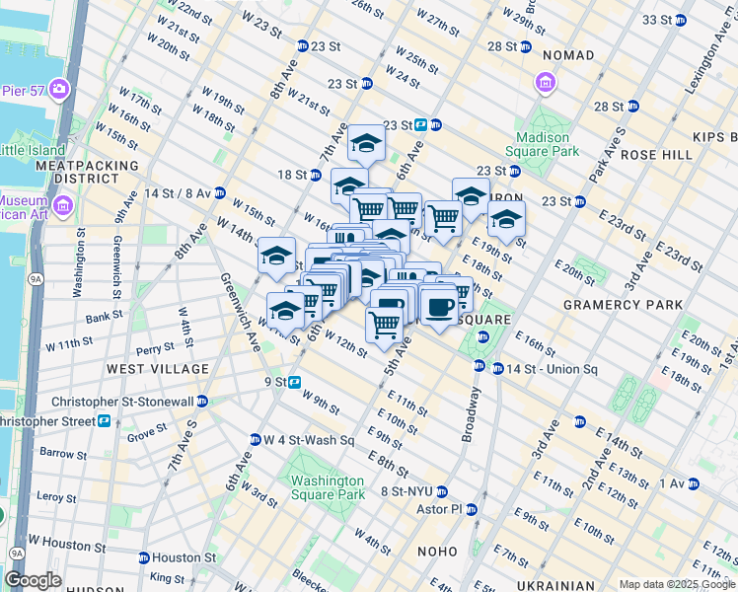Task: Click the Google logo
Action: [x=35, y=580]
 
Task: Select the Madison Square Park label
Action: [x=543, y=144]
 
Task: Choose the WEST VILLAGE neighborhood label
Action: [x=158, y=369]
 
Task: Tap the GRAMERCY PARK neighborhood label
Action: [x=622, y=306]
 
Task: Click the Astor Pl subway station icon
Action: [x=472, y=510]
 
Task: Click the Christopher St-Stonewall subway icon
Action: [x=201, y=401]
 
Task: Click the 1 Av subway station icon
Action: [x=692, y=483]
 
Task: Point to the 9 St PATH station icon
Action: [x=295, y=382]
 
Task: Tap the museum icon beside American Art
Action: [x=63, y=206]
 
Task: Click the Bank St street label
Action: [x=104, y=318]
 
